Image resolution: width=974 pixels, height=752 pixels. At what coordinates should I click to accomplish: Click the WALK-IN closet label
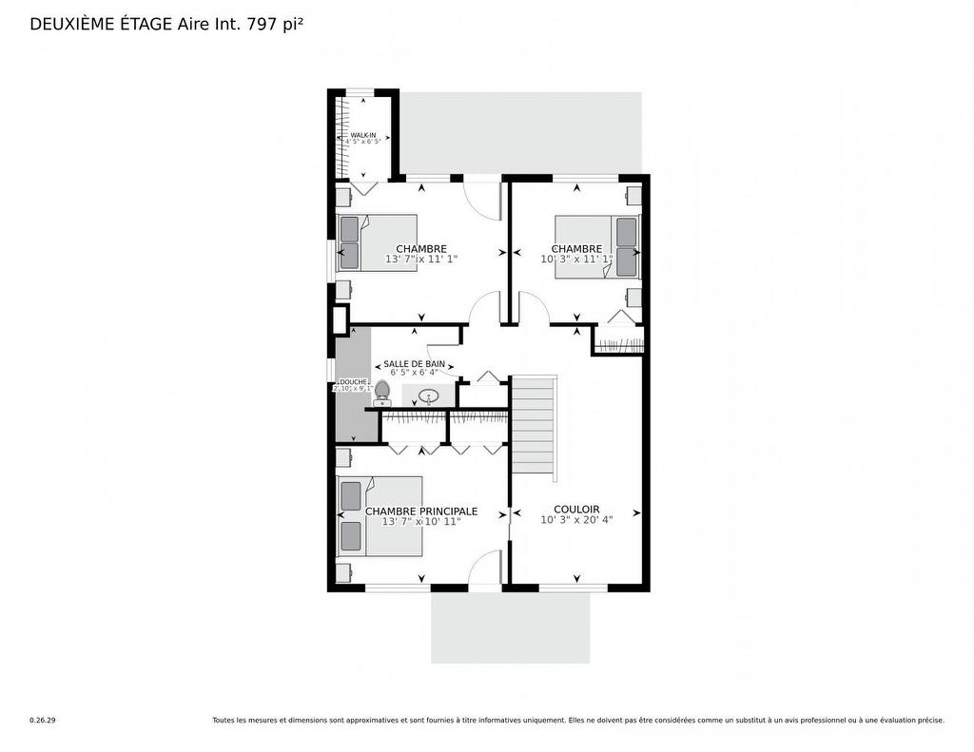363,135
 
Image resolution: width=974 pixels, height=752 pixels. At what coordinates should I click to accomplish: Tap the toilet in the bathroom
382,393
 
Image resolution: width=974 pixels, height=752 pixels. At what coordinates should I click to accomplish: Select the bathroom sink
428,395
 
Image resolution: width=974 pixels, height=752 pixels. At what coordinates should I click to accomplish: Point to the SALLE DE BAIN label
414,363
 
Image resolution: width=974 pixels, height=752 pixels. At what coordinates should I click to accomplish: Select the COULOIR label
576,509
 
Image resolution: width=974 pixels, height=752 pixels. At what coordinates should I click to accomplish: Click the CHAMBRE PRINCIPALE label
421,511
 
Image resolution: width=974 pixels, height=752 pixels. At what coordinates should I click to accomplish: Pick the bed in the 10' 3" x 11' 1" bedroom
597,246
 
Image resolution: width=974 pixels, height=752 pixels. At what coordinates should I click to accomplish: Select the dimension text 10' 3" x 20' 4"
576,520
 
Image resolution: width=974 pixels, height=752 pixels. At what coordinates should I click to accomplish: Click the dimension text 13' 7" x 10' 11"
421,522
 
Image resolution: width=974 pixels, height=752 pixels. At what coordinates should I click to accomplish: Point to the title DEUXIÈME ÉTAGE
101,24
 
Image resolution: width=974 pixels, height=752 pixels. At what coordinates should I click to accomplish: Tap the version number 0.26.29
42,721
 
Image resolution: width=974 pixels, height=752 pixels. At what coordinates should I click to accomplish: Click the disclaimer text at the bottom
578,721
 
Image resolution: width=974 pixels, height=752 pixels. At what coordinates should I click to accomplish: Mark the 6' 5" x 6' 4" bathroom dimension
416,373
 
